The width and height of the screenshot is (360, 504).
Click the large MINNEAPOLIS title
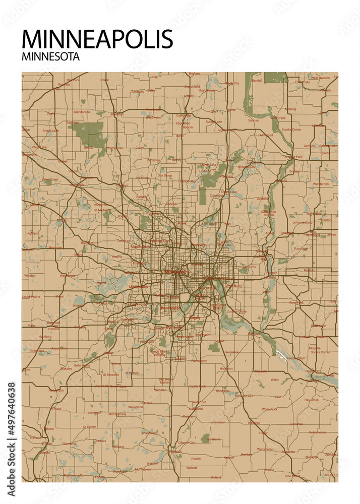click(x=97, y=39)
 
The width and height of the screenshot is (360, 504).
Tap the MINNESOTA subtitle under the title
click(x=50, y=57)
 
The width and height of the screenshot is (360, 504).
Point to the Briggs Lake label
click(x=50, y=131)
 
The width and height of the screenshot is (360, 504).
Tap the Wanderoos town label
click(x=320, y=184)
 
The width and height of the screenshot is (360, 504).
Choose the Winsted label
click(x=30, y=276)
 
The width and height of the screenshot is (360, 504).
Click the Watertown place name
click(x=67, y=276)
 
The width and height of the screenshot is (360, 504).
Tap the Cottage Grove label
click(x=236, y=312)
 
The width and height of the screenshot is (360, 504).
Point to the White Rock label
click(x=270, y=409)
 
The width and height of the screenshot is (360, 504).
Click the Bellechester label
click(x=318, y=432)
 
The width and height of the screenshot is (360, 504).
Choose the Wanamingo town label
click(x=265, y=449)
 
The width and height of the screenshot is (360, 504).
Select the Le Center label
click(x=89, y=426)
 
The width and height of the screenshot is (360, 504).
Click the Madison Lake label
click(x=73, y=475)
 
